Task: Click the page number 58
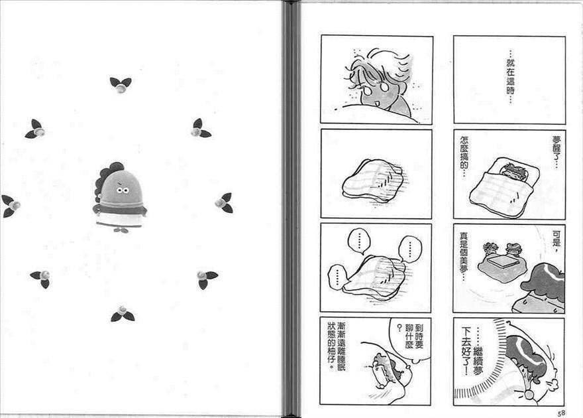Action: coord(561,413)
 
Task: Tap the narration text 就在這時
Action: coord(510,77)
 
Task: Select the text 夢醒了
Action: coord(556,152)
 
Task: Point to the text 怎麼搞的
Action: coord(464,157)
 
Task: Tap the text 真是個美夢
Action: coord(464,256)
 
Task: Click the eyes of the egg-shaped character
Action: coord(123,190)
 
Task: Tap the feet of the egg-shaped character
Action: coord(122,230)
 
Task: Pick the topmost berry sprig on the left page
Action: coord(121,85)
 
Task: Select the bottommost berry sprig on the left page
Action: coord(123,314)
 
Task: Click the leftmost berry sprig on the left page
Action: coord(11,206)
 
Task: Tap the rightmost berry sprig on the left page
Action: coord(224,203)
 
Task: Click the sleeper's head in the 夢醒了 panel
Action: coord(515,171)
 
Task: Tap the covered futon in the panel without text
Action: coord(372,181)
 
